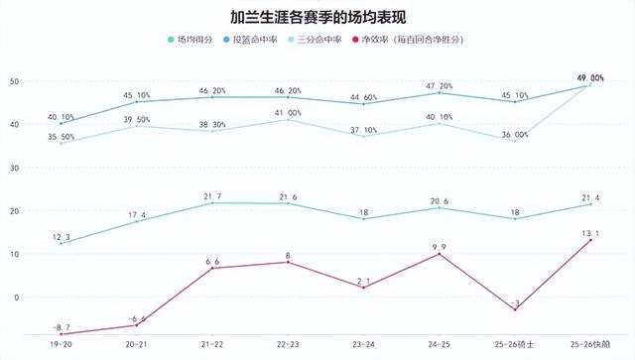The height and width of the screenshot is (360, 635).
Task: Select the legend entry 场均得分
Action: (x=191, y=40)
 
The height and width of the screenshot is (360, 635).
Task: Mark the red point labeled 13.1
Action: (x=591, y=240)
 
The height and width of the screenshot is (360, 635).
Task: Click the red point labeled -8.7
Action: (x=61, y=334)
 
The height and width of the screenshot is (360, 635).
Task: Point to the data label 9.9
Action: (x=439, y=244)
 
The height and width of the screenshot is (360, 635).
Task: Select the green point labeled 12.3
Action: (x=61, y=243)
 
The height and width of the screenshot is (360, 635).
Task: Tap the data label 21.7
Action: (x=212, y=193)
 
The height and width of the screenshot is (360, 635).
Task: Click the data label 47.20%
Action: (x=439, y=86)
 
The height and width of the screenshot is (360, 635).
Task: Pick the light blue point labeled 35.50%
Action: (x=61, y=143)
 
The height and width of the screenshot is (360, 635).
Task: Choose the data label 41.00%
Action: (x=288, y=113)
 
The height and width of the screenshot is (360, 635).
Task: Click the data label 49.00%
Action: (x=589, y=77)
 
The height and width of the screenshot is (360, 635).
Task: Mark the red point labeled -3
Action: (x=515, y=309)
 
